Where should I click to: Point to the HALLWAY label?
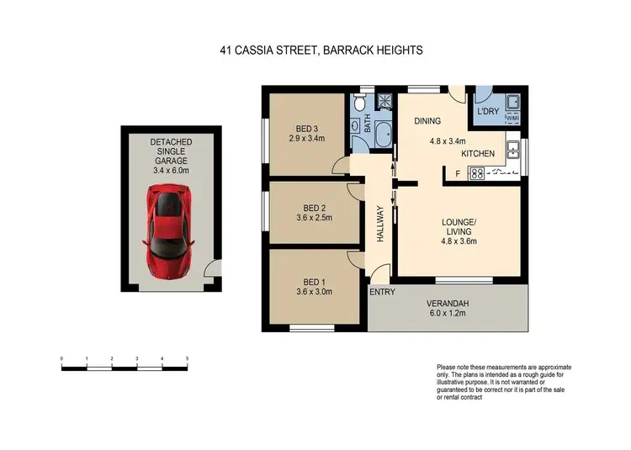380,225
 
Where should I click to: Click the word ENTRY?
381,292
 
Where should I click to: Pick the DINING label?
427,121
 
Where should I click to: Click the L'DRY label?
488,112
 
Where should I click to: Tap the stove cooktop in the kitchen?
475,173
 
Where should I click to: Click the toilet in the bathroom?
360,104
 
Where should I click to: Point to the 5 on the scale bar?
187,359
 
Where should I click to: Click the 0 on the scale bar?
61,359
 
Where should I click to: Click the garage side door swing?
212,268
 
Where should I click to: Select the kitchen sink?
512,152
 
